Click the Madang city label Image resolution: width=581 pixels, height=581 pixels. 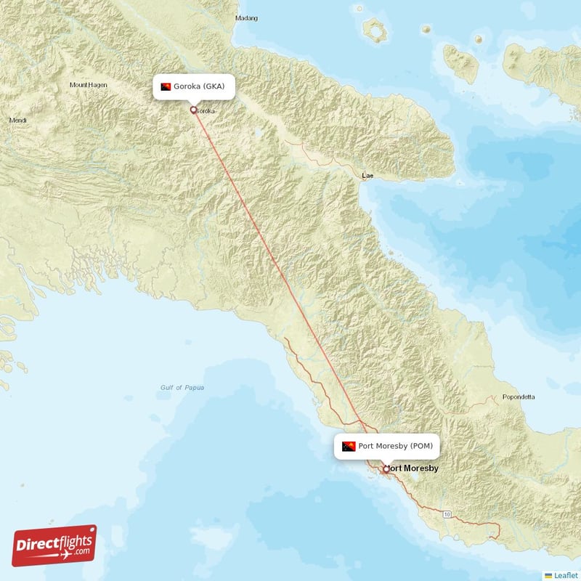pyautogui.click(x=247, y=17)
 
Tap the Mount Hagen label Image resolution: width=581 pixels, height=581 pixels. pyautogui.click(x=88, y=85)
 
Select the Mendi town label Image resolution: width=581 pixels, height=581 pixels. pyautogui.click(x=17, y=120)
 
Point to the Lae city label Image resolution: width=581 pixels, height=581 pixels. pyautogui.click(x=369, y=176)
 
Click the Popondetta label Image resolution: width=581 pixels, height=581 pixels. pyautogui.click(x=518, y=397)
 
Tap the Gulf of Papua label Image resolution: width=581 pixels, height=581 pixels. pyautogui.click(x=182, y=388)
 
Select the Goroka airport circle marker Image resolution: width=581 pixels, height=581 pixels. pyautogui.click(x=193, y=110)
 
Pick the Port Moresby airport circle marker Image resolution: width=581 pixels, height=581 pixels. pyautogui.click(x=386, y=469)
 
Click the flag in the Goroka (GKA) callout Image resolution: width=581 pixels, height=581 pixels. pyautogui.click(x=166, y=87)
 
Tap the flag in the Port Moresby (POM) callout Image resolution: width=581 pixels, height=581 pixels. pyautogui.click(x=348, y=446)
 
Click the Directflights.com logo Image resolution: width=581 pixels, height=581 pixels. pyautogui.click(x=54, y=545)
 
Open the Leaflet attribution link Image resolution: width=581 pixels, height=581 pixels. pyautogui.click(x=565, y=575)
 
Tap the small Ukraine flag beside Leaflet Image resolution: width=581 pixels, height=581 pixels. pyautogui.click(x=548, y=575)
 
